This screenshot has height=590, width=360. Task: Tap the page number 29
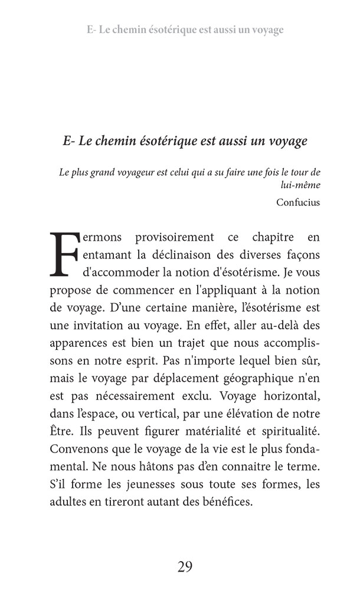coord(185,567)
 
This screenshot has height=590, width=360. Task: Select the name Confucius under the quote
coord(297,202)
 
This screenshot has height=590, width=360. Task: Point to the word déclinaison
coord(186,255)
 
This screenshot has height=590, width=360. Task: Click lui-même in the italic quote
coord(301,185)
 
